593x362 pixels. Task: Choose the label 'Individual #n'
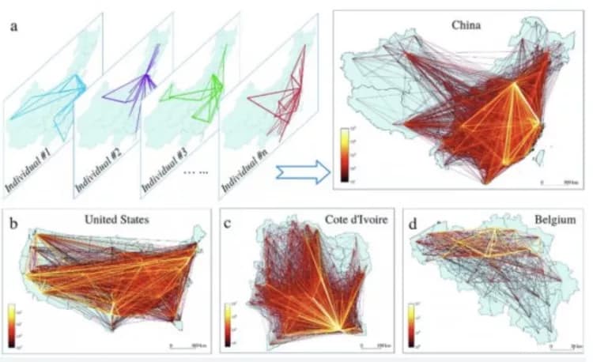click(x=244, y=168)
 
